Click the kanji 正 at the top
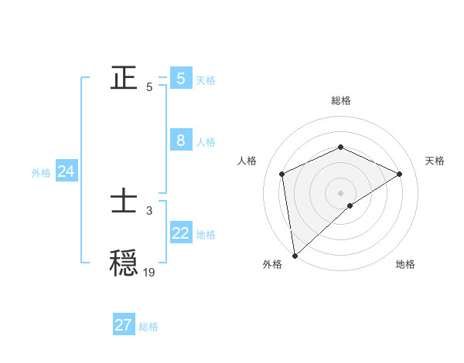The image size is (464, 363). pos(125,78)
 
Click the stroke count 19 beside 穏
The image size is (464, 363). pos(149,272)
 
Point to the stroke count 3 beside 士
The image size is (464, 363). pos(149,210)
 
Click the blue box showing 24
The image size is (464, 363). pos(67,172)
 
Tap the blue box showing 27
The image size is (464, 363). pos(124,325)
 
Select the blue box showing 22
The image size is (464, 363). pos(181,233)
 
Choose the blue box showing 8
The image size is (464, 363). pos(181,141)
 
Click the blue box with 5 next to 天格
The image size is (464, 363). pos(181,79)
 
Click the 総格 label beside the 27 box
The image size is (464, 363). pos(148,327)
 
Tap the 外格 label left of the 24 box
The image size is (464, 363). pos(41,173)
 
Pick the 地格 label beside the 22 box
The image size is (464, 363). pos(206,235)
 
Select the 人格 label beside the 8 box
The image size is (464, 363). pos(206,142)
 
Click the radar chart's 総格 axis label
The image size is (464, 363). pos(341,100)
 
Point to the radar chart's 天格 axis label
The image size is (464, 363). pos(435,161)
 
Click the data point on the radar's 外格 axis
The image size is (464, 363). pos(295,256)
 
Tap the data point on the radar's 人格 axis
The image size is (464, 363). pos(282,174)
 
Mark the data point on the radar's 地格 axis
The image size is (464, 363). pos(350,205)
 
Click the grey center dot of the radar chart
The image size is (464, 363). pos(341,192)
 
